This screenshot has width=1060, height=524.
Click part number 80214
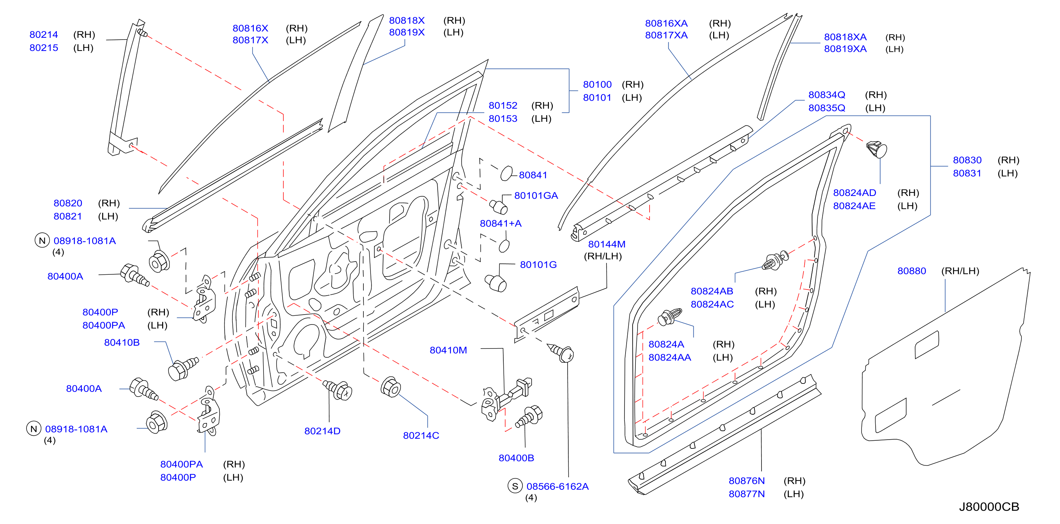(x=43, y=35)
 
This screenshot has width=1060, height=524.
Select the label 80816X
(x=250, y=28)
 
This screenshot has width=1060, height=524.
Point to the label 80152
(x=503, y=105)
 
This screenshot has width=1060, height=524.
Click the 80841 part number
(x=533, y=175)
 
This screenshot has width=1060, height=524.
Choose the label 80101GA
(x=536, y=195)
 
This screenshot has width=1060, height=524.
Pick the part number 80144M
(x=606, y=244)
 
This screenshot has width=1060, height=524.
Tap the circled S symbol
(x=515, y=486)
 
